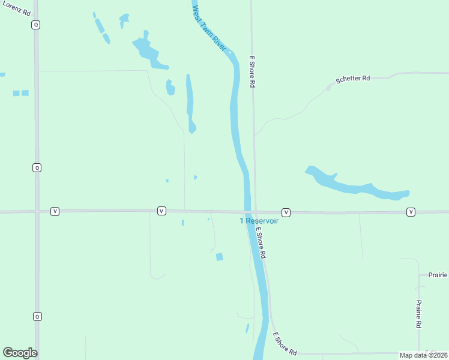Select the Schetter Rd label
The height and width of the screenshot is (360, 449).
pos(352,79)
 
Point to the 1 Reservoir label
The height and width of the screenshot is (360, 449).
pos(259,221)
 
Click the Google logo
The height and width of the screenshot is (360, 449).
pos(20,353)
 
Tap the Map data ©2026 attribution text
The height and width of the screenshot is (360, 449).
pos(423,355)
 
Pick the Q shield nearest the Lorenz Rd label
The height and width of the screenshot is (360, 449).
pos(37,25)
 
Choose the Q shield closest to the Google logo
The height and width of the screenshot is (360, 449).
pos(37,316)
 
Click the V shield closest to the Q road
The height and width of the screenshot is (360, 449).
pos(55,211)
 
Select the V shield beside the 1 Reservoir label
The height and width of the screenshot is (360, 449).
pos(286,212)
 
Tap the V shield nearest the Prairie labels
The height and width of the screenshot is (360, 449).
pos(411,212)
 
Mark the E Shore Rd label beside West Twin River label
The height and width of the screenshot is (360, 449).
pos(253,73)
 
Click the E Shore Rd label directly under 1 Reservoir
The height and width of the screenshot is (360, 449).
pos(261,243)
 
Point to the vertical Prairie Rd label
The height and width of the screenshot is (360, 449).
pos(418,314)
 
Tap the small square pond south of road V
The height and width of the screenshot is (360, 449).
pos(220,257)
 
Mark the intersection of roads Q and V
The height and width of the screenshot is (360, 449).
pos(37,211)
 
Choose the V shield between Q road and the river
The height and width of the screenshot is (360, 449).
pos(161,211)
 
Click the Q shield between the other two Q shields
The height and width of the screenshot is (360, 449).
pos(37,167)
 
